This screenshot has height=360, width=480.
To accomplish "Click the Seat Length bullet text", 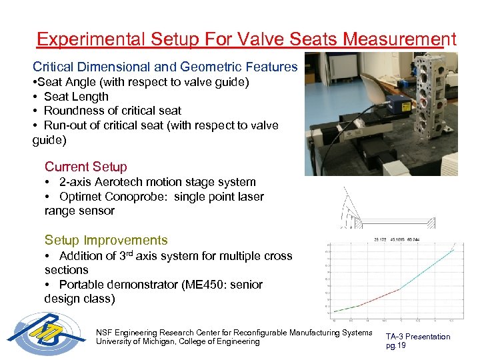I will pos(75,97).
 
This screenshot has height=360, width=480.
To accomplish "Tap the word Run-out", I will pos(69,125).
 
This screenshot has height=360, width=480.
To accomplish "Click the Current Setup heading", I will pos(85,167).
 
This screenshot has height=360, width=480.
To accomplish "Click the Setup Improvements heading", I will pos(106,240).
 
